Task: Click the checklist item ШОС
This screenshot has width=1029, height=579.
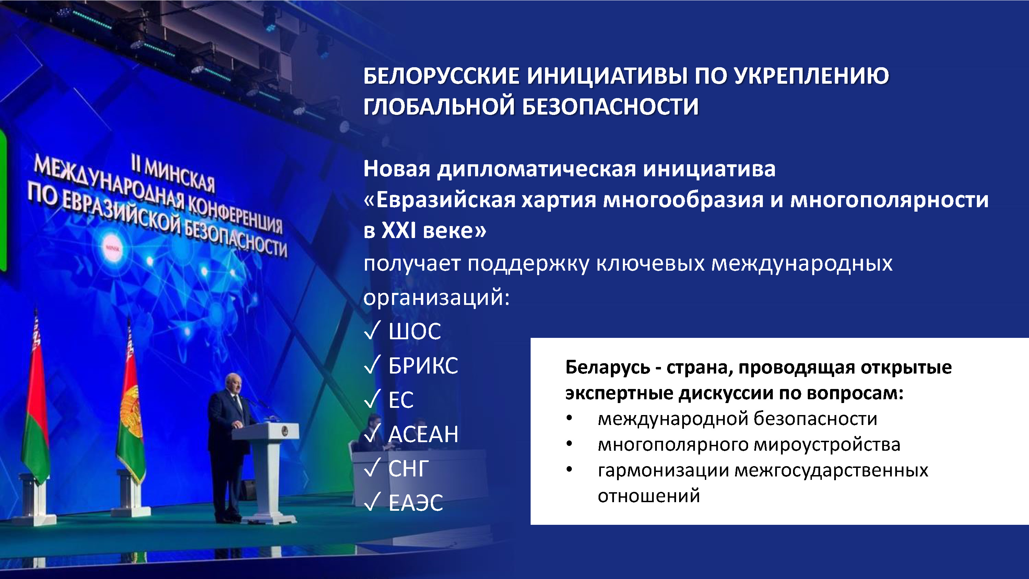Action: point(415,331)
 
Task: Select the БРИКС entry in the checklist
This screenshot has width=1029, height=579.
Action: point(423,366)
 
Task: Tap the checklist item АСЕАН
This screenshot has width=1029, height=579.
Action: point(423,434)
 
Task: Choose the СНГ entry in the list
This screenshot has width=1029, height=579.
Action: point(409,468)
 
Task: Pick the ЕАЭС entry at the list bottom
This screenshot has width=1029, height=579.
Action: point(416,503)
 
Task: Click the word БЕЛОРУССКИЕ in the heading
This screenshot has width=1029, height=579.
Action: point(441,75)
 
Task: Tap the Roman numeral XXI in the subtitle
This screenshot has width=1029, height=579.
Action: point(399,231)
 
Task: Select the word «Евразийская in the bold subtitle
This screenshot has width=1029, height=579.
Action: point(439,200)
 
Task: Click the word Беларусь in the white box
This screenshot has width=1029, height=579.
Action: point(607,368)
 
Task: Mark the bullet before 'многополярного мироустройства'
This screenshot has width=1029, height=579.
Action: point(569,444)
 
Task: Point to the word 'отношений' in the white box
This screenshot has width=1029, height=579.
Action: point(649,496)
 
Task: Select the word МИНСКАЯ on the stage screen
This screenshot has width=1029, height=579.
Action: point(179,176)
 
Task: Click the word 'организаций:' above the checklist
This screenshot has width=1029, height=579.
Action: point(437,298)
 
